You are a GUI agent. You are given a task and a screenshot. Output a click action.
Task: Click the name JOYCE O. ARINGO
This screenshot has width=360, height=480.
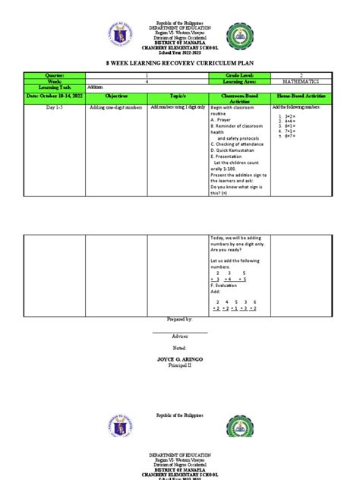point(179,357)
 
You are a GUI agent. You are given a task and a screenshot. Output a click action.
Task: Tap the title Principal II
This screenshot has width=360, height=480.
point(179,364)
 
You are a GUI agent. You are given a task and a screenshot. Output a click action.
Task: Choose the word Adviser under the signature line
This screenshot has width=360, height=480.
point(179,335)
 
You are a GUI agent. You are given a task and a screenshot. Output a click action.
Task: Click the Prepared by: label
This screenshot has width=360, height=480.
point(179,321)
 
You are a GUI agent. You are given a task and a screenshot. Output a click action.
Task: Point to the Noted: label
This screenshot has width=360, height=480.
point(179,346)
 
